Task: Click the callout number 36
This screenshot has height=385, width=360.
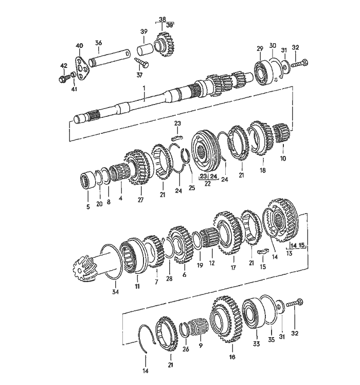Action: pos(98,43)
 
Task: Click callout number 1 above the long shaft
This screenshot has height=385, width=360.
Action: pos(146,89)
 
